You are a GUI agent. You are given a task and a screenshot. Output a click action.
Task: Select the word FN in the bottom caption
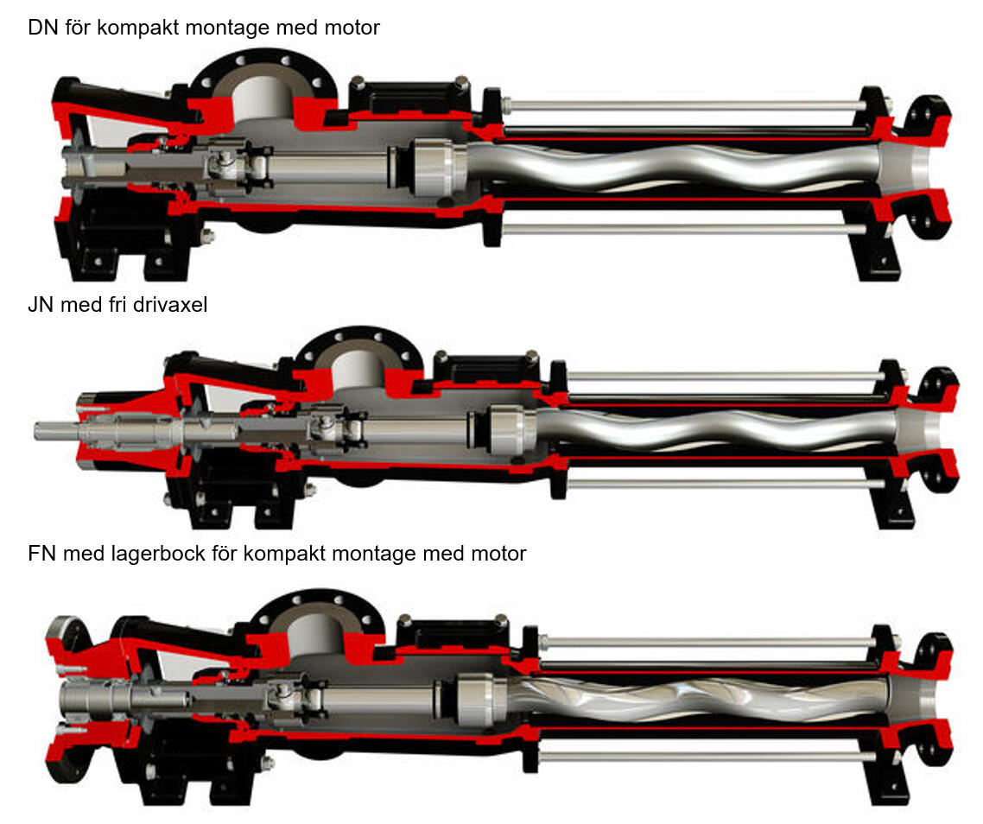pyautogui.click(x=41, y=554)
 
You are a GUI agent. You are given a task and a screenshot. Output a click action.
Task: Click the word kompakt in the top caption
pyautogui.click(x=137, y=28)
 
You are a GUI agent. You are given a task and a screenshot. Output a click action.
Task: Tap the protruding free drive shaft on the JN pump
pyautogui.click(x=55, y=429)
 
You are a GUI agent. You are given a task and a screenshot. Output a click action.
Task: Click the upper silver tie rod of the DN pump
pyautogui.click(x=682, y=105)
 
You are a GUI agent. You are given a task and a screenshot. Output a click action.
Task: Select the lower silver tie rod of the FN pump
pyautogui.click(x=708, y=757)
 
